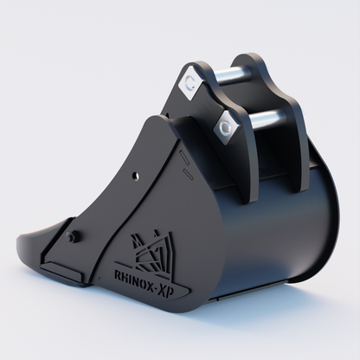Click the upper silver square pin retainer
click(x=190, y=84)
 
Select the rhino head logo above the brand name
click(x=148, y=251)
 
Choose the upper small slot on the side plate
click(x=183, y=155)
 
